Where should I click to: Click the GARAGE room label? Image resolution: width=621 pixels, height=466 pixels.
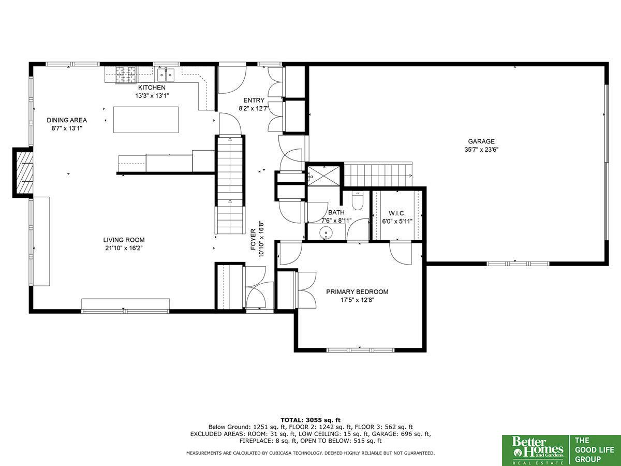(x=481, y=141)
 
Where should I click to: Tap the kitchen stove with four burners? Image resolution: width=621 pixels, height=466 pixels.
(x=126, y=75)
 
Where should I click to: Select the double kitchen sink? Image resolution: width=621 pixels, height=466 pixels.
(x=166, y=75)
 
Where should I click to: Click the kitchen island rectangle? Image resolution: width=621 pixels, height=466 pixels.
(x=146, y=120)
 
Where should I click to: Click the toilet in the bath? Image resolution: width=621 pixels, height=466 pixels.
(x=358, y=200)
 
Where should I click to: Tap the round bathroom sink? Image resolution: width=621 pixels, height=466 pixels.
(x=326, y=233)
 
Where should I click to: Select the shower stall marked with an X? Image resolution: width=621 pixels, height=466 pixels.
(x=323, y=176)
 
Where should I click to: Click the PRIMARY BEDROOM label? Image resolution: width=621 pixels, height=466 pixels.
(x=357, y=292)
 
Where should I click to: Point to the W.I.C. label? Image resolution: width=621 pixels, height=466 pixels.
(x=397, y=213)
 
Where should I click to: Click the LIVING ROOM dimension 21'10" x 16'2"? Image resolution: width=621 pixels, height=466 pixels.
(x=124, y=248)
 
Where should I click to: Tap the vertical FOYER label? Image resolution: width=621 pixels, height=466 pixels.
(x=253, y=239)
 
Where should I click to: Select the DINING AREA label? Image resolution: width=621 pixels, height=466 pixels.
(x=67, y=120)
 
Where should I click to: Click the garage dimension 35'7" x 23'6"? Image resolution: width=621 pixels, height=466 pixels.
(x=481, y=150)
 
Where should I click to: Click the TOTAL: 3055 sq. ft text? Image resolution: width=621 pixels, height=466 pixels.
(x=310, y=420)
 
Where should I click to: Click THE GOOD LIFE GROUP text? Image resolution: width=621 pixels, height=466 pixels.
(x=594, y=450)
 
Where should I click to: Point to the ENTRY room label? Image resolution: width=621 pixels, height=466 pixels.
(x=254, y=100)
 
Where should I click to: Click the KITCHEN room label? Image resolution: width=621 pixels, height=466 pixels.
(x=152, y=88)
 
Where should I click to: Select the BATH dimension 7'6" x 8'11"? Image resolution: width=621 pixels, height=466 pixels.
(x=336, y=221)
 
